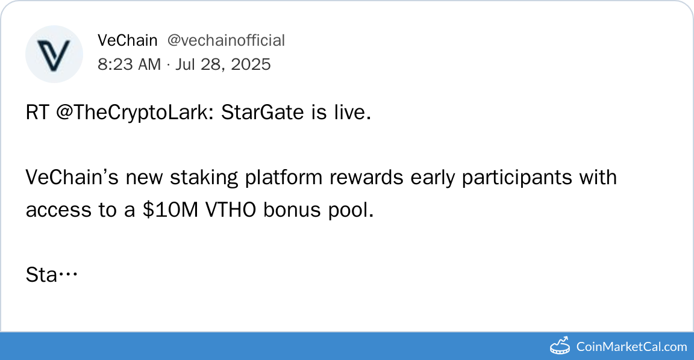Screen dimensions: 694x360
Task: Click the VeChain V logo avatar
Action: tap(54, 54)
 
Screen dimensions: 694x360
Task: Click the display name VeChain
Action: tap(128, 40)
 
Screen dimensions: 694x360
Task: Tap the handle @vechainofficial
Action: tap(226, 40)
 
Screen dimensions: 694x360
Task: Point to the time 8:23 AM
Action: tap(130, 64)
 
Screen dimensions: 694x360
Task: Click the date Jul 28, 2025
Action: tap(223, 64)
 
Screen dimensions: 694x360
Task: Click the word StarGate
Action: tap(263, 113)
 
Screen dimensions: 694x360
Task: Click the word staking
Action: tap(204, 178)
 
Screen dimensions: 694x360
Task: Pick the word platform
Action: tap(284, 178)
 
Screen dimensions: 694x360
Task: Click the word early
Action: tap(433, 178)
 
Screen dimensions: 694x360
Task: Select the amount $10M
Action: tap(170, 209)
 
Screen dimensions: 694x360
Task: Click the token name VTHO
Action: tap(231, 209)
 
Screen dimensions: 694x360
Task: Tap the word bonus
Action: tap(292, 209)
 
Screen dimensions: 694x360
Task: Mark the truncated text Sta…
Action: tap(52, 275)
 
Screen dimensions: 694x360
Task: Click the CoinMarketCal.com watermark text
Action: tap(631, 346)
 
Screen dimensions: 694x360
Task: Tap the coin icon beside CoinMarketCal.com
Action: tap(560, 346)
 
